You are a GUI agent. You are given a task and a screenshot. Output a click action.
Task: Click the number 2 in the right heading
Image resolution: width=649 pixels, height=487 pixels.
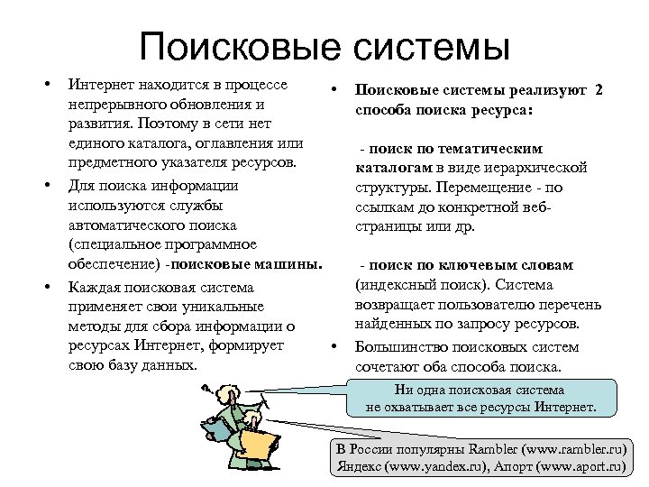(599, 91)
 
